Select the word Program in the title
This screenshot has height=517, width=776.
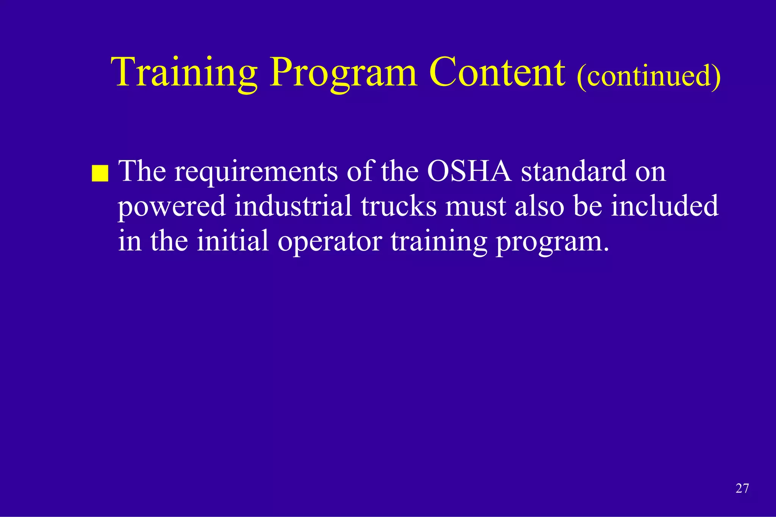click(343, 73)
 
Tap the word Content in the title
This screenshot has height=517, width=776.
click(497, 73)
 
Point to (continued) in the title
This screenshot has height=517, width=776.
click(648, 75)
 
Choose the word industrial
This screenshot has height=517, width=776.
click(293, 206)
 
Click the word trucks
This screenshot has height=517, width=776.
click(399, 206)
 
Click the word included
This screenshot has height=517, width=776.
click(665, 206)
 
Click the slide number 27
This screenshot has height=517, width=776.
click(742, 489)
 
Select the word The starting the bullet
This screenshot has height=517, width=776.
click(142, 171)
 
